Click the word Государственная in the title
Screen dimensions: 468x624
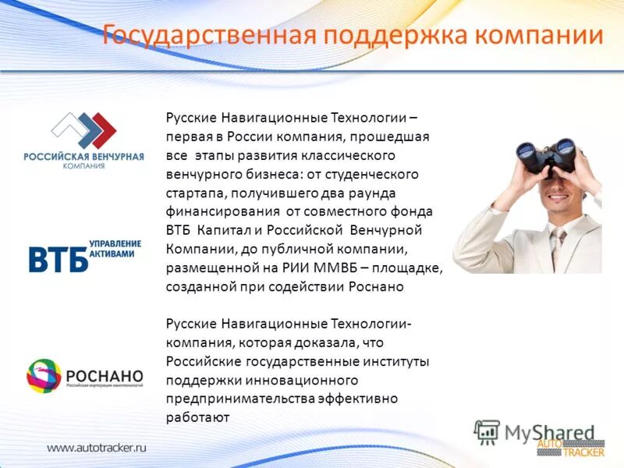click(x=207, y=36)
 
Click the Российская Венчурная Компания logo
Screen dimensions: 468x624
click(x=83, y=141)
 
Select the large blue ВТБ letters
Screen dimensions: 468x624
click(x=58, y=259)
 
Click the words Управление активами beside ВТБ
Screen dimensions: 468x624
click(x=116, y=249)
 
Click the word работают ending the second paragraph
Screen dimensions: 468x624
click(x=197, y=417)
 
